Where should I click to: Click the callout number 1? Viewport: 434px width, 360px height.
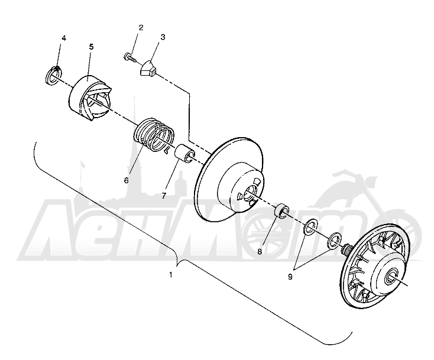171,275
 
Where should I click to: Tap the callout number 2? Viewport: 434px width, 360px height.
141,28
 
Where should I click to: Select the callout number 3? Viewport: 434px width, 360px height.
163,37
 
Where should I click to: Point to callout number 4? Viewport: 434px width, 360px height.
64,38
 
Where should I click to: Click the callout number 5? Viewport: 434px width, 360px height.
91,47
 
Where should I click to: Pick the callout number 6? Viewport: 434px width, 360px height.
126,180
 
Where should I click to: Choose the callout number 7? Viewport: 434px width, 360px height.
164,196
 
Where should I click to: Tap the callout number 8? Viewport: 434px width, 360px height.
260,252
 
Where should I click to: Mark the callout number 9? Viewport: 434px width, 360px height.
290,277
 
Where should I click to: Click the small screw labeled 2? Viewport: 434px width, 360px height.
129,57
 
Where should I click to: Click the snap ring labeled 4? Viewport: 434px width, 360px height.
53,75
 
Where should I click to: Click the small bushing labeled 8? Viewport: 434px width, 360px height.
282,211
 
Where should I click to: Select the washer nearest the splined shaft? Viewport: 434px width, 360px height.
334,239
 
